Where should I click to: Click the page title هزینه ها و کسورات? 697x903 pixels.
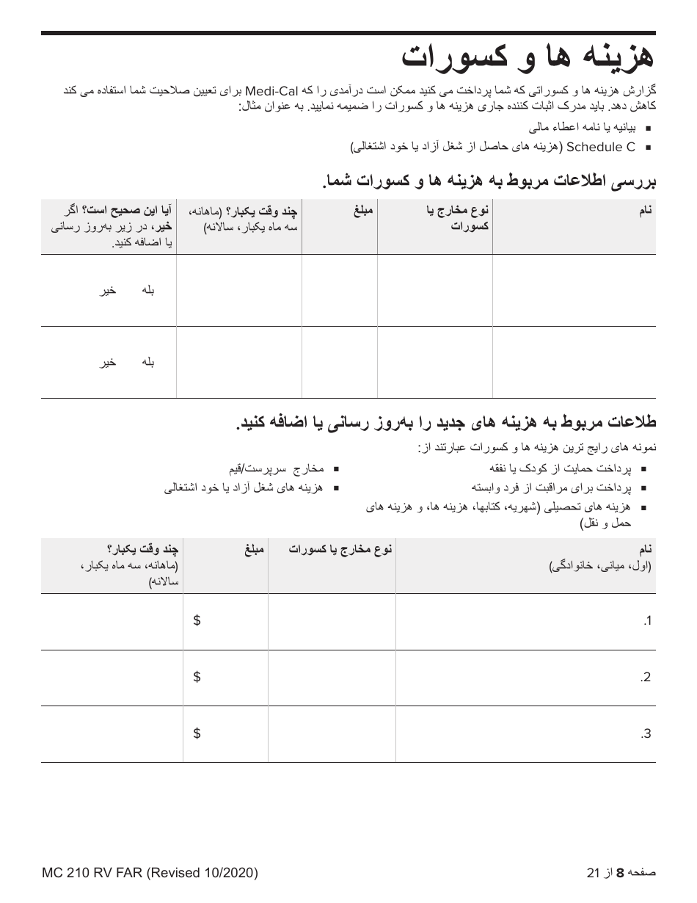pyautogui.click(x=527, y=58)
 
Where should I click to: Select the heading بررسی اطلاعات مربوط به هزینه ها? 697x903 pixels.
pyautogui.click(x=487, y=181)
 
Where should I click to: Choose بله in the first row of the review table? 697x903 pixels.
pyautogui.click(x=147, y=291)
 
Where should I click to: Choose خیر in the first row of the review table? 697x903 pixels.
pyautogui.click(x=108, y=291)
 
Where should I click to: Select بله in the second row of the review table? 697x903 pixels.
pyautogui.click(x=147, y=362)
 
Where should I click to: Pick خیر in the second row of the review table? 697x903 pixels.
pyautogui.click(x=108, y=362)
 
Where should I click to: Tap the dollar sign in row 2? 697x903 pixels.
pyautogui.click(x=197, y=677)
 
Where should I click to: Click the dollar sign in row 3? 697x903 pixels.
pyautogui.click(x=197, y=733)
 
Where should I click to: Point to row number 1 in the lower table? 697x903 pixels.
pyautogui.click(x=646, y=622)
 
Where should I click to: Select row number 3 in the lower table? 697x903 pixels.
pyautogui.click(x=646, y=734)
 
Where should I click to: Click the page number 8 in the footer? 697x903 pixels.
pyautogui.click(x=619, y=873)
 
